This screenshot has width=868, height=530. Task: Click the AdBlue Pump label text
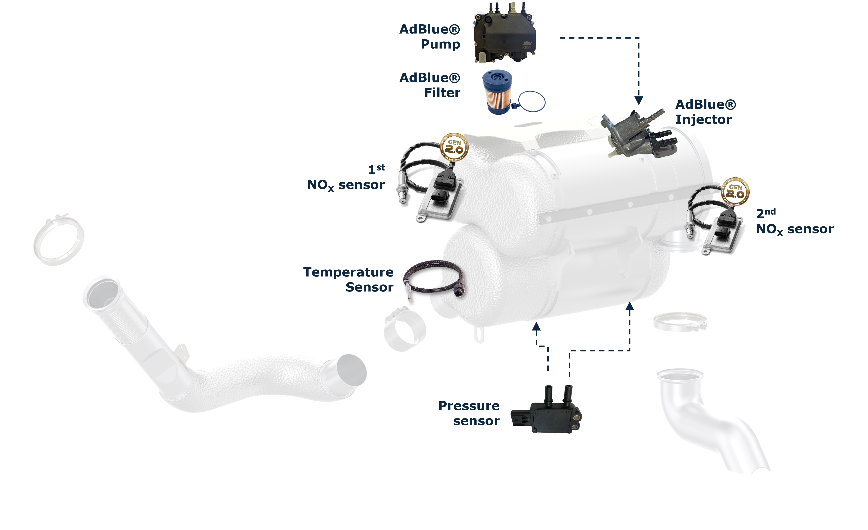click(430, 37)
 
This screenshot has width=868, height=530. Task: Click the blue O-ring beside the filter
click(532, 102)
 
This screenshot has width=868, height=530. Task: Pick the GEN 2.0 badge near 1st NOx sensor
click(454, 147)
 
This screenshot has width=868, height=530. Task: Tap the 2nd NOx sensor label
click(794, 222)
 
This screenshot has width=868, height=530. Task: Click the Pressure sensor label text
click(469, 413)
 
